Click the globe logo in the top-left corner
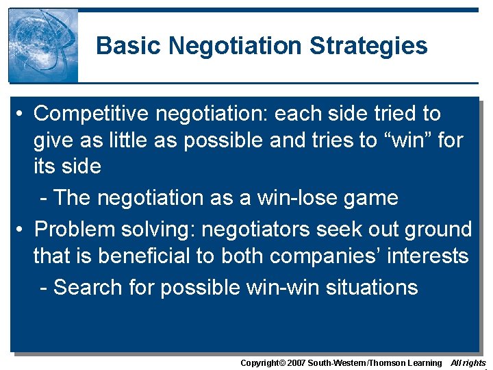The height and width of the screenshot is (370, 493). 43,45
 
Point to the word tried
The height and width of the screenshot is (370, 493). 397,113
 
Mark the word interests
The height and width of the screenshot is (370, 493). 429,256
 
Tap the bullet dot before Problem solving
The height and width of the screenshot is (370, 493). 23,229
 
